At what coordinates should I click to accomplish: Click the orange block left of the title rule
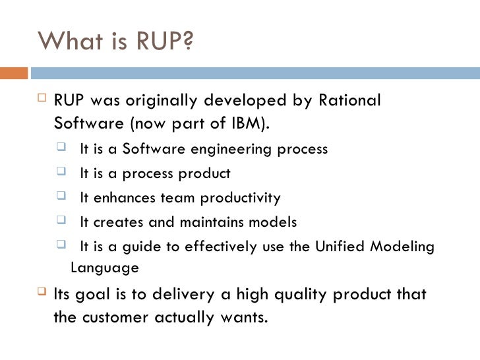16,69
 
